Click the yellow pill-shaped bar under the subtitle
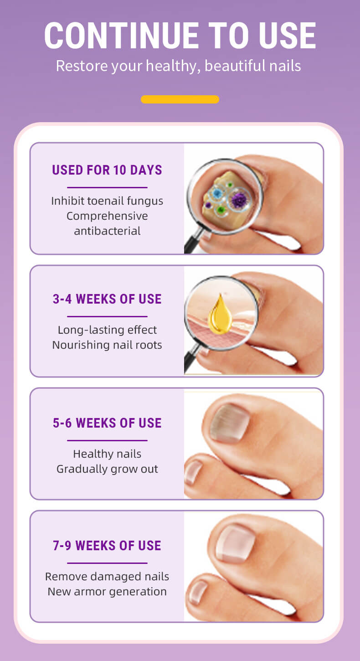coord(180,99)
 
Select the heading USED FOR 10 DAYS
coord(107,170)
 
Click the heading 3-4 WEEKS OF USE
coord(107,299)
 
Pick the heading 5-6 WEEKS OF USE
coord(107,423)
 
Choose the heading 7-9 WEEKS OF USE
coord(107,546)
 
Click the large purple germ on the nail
coord(239,200)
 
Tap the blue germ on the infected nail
coord(217,194)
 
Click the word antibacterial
coord(107,231)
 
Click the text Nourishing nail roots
coord(107,345)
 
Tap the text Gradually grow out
coord(107,469)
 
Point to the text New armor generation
coord(107,592)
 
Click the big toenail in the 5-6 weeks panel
coord(230,423)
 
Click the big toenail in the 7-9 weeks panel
coord(235,544)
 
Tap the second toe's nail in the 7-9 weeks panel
coord(198,592)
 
